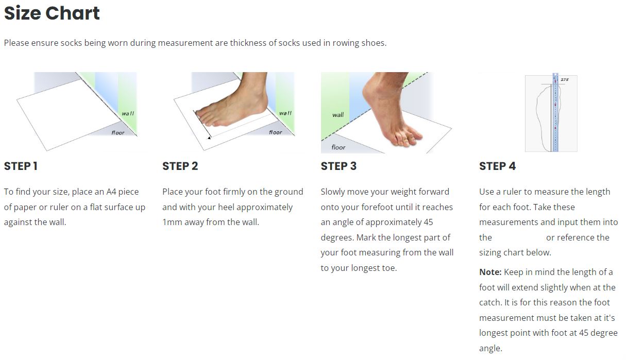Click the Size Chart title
point(52,13)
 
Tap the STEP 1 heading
point(21,166)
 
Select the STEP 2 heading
point(180,166)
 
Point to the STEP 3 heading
point(339,166)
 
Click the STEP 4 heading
point(497,166)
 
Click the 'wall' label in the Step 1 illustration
point(128,113)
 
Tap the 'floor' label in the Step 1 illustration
point(118,133)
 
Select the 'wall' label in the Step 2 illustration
point(285,113)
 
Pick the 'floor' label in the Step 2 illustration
point(276,132)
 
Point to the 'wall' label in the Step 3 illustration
point(338,115)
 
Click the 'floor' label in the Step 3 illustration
point(339,147)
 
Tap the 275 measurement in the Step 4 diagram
point(565,80)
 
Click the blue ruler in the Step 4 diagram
point(555,113)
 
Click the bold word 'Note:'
point(490,272)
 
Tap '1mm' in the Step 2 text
point(169,222)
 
